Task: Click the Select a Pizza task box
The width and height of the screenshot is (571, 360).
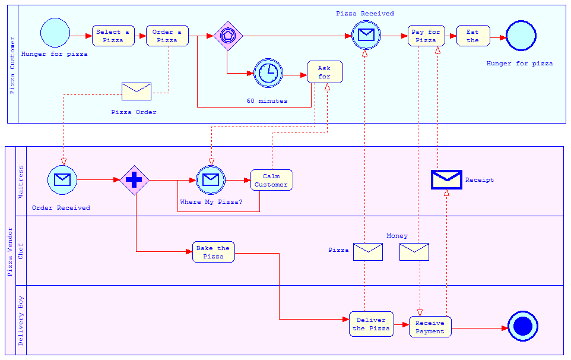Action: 113,36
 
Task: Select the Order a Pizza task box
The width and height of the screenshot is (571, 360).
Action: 167,36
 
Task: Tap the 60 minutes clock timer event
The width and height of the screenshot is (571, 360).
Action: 268,73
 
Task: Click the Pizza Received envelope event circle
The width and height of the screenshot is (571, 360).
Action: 366,34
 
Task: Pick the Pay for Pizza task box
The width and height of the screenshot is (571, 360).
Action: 426,36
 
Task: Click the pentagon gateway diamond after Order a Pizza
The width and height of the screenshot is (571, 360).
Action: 229,36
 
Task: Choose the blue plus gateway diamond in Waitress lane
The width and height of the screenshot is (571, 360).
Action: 134,180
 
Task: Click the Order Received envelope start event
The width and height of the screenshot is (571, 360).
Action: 62,180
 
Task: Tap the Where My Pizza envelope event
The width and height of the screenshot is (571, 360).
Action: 211,180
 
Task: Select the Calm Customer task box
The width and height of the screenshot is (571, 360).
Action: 271,180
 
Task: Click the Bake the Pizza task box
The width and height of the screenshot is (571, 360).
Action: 213,252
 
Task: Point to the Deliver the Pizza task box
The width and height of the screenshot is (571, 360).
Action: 371,324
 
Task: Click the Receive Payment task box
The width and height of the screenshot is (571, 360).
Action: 430,327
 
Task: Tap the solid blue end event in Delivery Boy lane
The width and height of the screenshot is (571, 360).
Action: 523,326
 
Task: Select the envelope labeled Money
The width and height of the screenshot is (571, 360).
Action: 414,252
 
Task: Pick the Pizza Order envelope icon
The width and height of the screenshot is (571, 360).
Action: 137,91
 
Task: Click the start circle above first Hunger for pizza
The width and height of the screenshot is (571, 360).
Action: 55,33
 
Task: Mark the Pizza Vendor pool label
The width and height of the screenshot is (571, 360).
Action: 9,251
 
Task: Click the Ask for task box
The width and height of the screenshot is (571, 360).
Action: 325,72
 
